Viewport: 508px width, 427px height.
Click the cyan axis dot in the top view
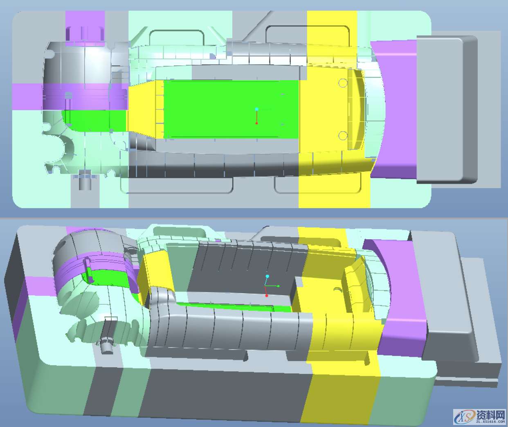pos(257,109)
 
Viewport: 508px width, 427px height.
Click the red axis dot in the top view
pos(257,124)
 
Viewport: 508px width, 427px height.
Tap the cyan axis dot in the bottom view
pos(267,276)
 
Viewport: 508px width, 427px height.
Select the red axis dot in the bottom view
pos(267,296)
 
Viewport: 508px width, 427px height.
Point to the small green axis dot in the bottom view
pos(278,286)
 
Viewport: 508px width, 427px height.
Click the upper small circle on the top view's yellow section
pos(343,83)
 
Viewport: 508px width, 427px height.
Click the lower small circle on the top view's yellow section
pos(343,135)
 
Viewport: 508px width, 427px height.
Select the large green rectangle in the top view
pos(231,109)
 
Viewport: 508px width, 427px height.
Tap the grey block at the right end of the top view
pos(447,109)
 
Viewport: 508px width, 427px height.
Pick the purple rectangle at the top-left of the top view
pos(85,29)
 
